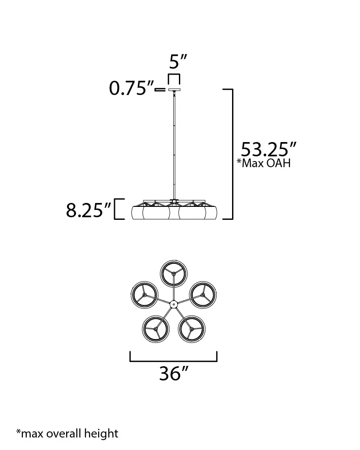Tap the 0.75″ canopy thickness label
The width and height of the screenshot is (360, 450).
coord(131,88)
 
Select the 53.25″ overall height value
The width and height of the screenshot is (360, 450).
coord(268,149)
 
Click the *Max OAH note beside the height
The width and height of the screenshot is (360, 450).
coord(264,163)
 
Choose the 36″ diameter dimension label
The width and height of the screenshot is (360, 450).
coord(174,374)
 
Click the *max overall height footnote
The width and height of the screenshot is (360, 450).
coord(67,433)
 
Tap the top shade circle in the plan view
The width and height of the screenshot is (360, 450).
coord(174,274)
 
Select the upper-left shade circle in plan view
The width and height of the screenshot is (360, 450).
coord(144,295)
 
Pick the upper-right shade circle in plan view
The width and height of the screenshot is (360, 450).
coord(203,295)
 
